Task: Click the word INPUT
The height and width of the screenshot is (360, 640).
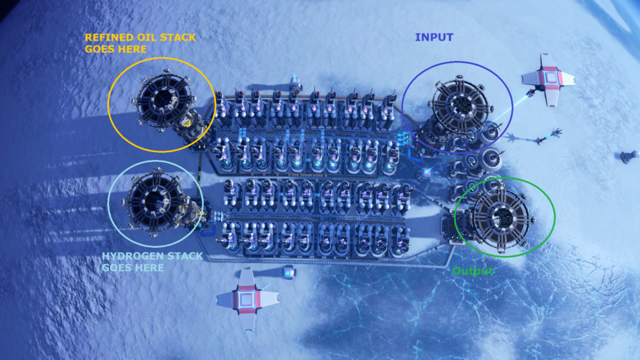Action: click(434, 37)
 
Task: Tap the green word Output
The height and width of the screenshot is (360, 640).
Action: click(473, 271)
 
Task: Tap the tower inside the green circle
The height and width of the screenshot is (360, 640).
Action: click(503, 217)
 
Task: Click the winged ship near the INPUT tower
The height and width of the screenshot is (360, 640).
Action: click(549, 79)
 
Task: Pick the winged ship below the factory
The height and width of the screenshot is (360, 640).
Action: click(247, 298)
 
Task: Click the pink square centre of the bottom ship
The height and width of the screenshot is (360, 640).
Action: click(246, 299)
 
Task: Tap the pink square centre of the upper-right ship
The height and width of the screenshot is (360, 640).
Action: click(551, 78)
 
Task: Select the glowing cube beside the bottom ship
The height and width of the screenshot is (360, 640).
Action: click(288, 272)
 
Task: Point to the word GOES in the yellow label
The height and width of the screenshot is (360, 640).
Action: click(99, 49)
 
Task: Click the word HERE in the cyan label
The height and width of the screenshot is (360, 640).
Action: click(149, 268)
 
